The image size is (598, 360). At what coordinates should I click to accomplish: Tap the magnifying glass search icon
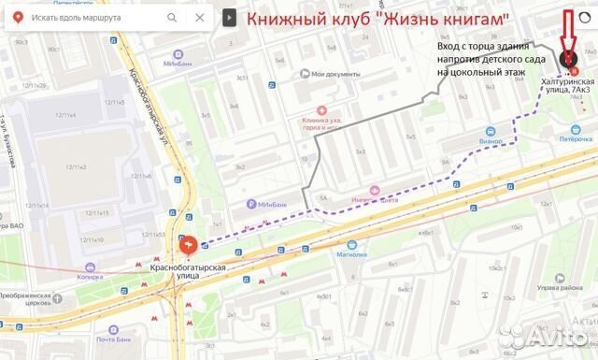point(171,18)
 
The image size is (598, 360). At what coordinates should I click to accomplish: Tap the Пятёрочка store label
point(569,137)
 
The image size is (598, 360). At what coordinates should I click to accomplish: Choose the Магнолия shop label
point(350,253)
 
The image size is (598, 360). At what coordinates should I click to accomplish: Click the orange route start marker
point(188,245)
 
